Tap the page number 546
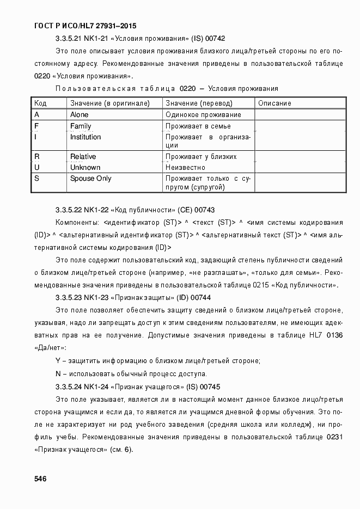(x=40, y=479)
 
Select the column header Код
(x=40, y=103)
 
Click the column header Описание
(x=274, y=103)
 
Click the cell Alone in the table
(x=79, y=115)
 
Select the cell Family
(x=81, y=126)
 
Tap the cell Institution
(x=86, y=137)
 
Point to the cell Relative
(x=83, y=157)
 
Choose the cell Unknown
(x=85, y=168)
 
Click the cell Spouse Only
(x=90, y=179)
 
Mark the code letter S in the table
(x=36, y=179)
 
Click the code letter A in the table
(x=36, y=115)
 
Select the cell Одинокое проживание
(x=203, y=115)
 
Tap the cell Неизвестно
(x=185, y=168)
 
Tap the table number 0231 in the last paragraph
(x=334, y=438)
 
